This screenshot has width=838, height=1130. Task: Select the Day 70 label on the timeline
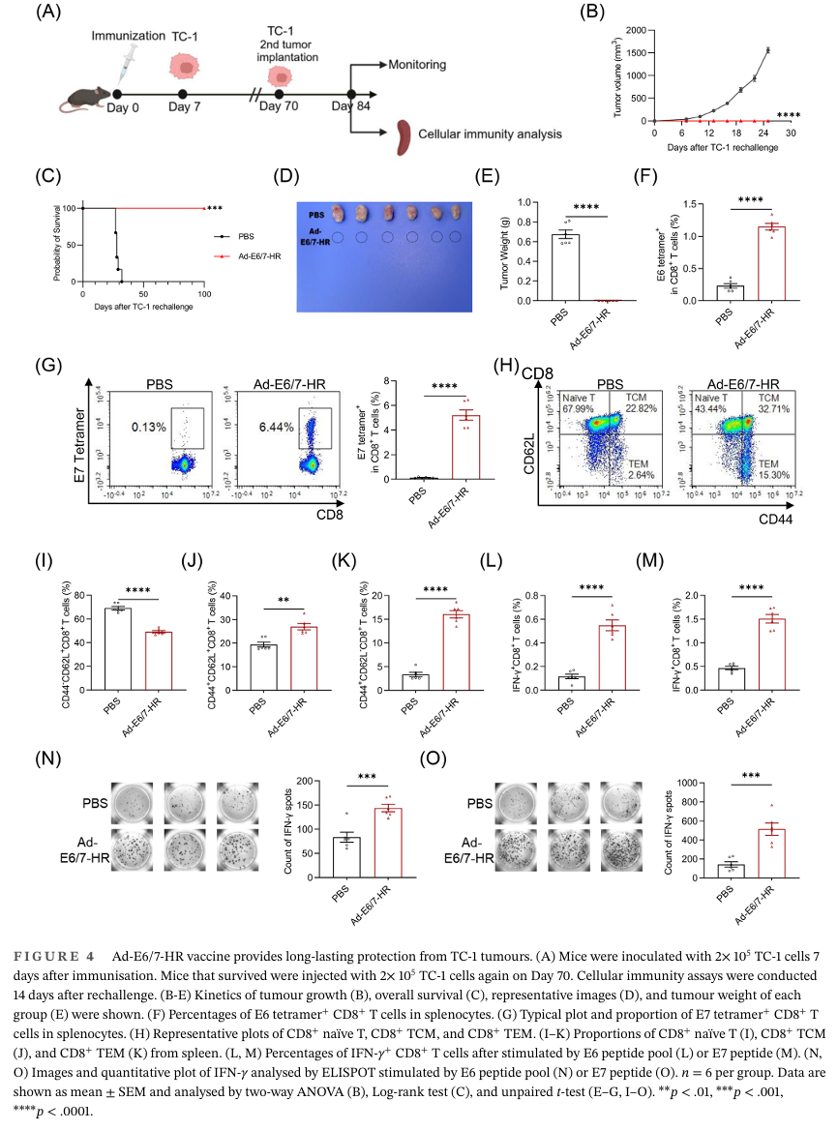tap(279, 105)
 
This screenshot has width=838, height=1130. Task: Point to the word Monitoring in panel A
tap(417, 65)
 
